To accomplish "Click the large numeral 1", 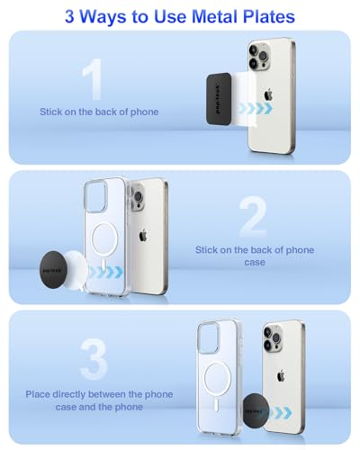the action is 93,79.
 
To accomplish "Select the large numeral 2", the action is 254,217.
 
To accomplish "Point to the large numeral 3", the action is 94,359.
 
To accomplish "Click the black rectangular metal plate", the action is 219,99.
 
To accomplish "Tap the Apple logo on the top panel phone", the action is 268,94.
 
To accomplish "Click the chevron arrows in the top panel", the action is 255,108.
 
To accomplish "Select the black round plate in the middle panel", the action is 52,270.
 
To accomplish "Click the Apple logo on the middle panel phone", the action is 143,235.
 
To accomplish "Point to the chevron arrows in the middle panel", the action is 106,272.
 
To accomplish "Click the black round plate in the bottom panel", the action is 255,410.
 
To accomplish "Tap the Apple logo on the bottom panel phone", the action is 281,375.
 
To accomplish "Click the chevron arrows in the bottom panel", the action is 280,413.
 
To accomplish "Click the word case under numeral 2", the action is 255,262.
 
